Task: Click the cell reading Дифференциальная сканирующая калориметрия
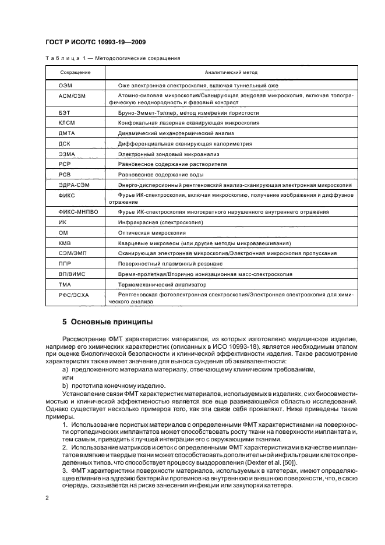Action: (x=185, y=143)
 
